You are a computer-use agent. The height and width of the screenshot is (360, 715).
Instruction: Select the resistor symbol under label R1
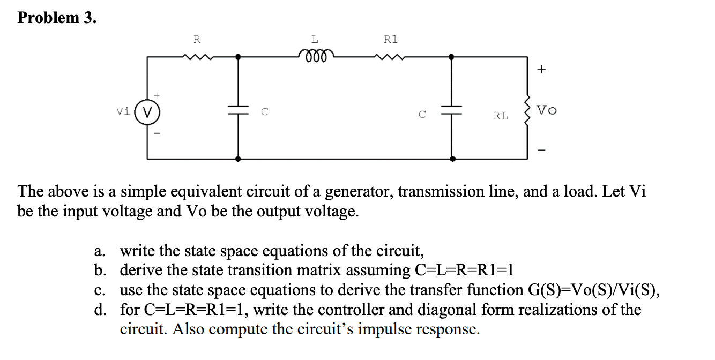[x=391, y=56]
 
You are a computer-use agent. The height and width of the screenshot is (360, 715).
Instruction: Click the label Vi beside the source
[x=123, y=112]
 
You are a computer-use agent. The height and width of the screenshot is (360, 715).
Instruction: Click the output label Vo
[x=547, y=110]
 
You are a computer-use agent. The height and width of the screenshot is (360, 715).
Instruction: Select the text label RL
[x=501, y=116]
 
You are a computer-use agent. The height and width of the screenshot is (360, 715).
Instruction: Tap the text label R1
[x=391, y=39]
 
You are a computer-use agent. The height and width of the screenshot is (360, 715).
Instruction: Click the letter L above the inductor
[x=315, y=39]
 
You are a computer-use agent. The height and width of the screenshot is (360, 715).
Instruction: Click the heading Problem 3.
[x=57, y=18]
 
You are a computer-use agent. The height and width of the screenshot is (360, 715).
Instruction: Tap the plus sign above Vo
[x=542, y=69]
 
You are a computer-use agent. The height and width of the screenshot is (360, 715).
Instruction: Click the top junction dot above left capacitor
[x=237, y=56]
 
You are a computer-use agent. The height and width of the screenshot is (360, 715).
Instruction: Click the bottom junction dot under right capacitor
[x=452, y=159]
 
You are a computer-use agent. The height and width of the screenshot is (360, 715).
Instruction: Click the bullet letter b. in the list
[x=100, y=270]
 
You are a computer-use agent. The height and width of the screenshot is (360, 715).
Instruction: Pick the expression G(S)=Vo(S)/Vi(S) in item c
[x=590, y=290]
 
